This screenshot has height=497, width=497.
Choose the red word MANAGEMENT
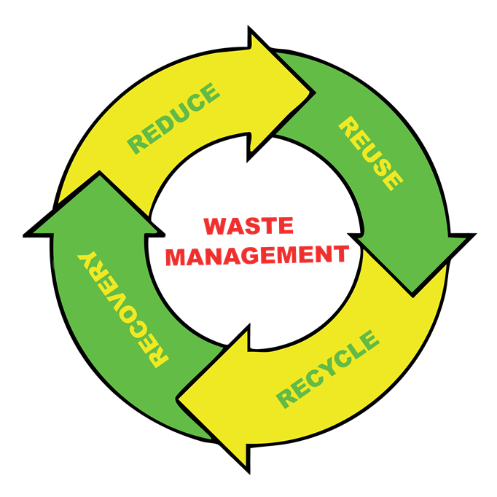[257, 255]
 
